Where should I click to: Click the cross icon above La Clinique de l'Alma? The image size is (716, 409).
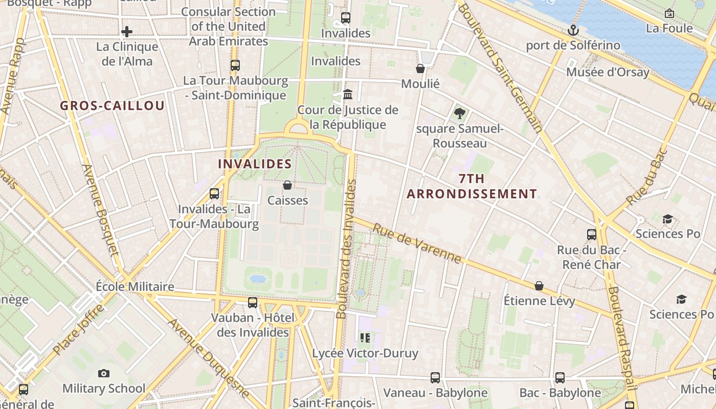(x=127, y=32)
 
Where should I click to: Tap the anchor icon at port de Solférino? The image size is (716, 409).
(x=573, y=30)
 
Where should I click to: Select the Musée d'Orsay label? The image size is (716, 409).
(x=607, y=72)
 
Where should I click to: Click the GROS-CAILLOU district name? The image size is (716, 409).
(x=112, y=106)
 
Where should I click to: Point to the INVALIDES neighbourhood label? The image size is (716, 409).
(x=255, y=164)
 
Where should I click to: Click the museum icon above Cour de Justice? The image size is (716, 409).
(x=348, y=94)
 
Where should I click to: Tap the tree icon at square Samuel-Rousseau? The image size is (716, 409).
(x=459, y=113)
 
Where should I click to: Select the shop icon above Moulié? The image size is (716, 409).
(x=420, y=69)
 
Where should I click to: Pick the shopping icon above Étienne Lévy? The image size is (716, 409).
(x=539, y=286)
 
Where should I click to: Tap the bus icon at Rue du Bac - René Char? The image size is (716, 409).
(x=592, y=235)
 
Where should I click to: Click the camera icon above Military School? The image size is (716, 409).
(x=104, y=374)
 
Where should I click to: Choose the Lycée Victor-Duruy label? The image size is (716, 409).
(x=365, y=353)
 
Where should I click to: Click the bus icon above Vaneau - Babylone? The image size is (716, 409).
(x=435, y=378)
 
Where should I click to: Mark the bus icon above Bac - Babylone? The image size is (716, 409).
(x=560, y=378)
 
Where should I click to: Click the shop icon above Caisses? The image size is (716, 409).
(x=287, y=185)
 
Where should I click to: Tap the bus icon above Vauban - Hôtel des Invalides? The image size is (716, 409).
(x=253, y=303)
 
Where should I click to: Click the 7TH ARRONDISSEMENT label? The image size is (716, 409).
(x=472, y=187)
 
